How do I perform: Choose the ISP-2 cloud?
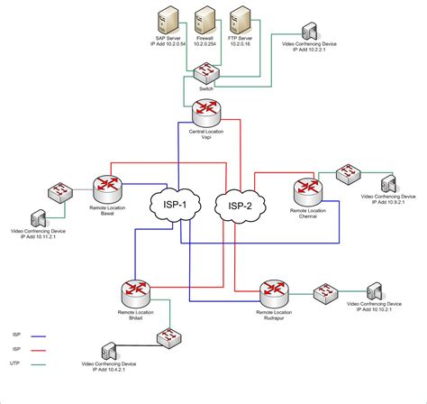238,207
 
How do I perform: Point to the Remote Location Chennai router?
305,190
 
